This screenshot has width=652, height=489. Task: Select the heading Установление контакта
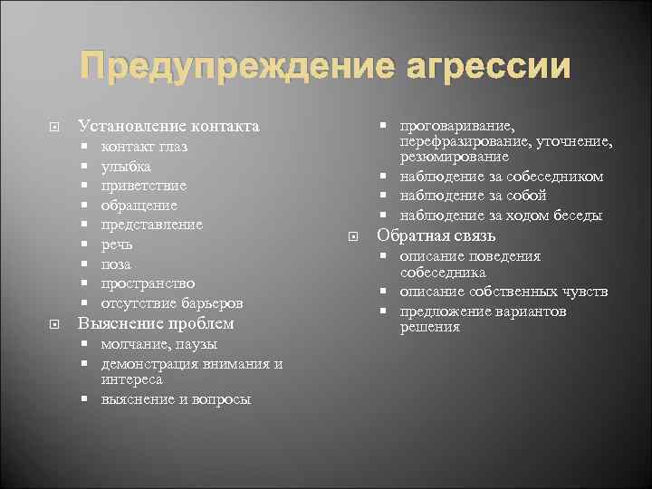[168, 126]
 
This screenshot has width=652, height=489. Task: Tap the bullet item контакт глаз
[144, 147]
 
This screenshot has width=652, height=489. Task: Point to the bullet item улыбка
[126, 167]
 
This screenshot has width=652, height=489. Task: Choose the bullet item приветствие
[144, 186]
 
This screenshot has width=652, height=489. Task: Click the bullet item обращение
[139, 206]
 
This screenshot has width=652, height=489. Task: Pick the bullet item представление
[151, 225]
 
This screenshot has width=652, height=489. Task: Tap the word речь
[117, 244]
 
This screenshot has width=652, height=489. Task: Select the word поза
[116, 264]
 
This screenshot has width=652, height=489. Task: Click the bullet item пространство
[148, 283]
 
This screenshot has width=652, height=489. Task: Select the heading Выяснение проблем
[156, 323]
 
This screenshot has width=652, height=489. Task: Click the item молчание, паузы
[158, 344]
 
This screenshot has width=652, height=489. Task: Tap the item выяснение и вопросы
[176, 399]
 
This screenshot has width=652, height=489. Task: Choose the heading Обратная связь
[436, 235]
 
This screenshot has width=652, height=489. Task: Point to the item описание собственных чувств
[503, 292]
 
